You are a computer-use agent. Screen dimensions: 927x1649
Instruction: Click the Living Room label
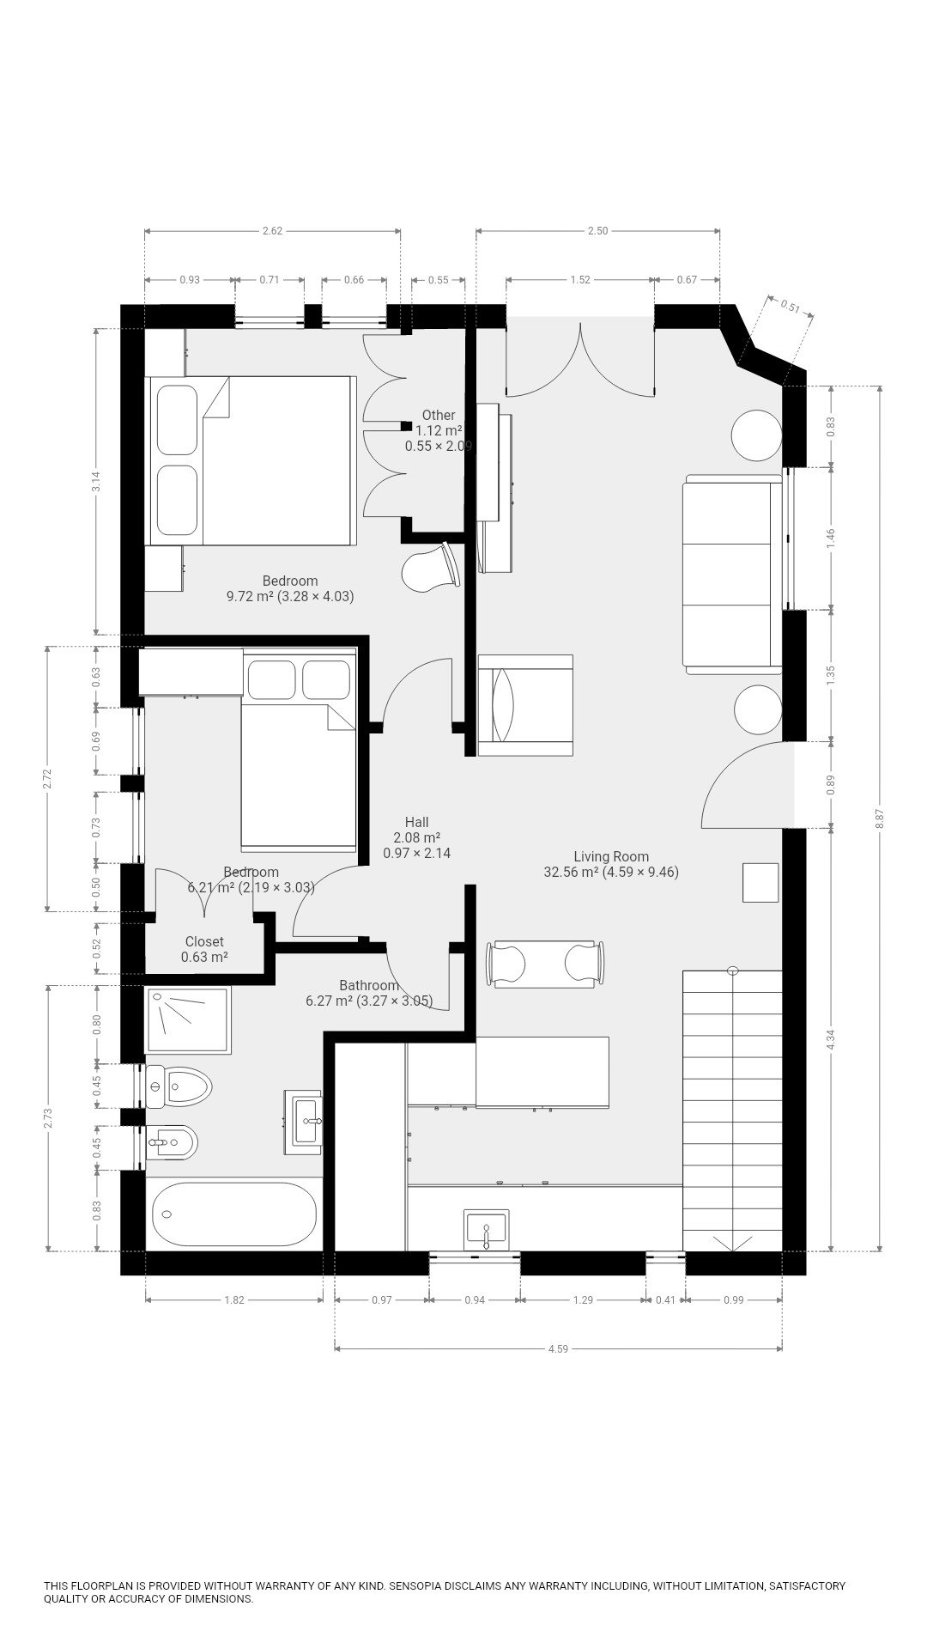click(x=611, y=856)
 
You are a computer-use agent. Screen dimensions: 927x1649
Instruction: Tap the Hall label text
click(x=416, y=822)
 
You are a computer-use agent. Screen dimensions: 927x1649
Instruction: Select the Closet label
click(x=204, y=942)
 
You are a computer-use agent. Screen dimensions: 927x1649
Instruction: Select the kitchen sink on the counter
click(x=486, y=1230)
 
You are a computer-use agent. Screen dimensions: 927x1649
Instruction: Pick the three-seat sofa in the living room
click(x=732, y=574)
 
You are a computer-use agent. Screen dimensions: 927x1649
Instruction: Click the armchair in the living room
click(x=524, y=705)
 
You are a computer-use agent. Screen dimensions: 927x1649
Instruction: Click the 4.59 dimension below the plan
click(x=558, y=1349)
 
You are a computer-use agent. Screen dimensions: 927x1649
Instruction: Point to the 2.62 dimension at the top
click(x=272, y=230)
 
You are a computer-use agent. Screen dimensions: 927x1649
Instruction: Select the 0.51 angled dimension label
click(x=790, y=307)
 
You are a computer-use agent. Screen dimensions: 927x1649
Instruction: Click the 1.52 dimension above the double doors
click(x=580, y=279)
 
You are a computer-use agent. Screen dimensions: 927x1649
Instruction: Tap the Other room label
click(x=439, y=415)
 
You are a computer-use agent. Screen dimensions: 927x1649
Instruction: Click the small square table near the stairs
click(x=760, y=883)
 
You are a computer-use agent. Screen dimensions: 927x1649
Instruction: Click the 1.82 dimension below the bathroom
click(x=234, y=1300)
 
